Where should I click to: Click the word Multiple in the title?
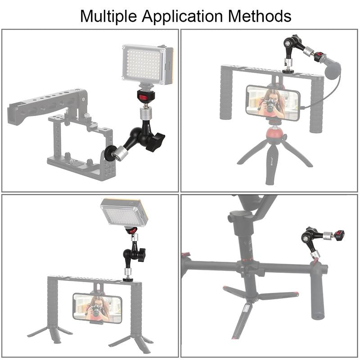(x=110, y=16)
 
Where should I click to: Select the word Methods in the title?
(x=260, y=16)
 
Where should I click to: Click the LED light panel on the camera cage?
(x=148, y=64)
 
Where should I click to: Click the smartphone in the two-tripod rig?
(x=98, y=308)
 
